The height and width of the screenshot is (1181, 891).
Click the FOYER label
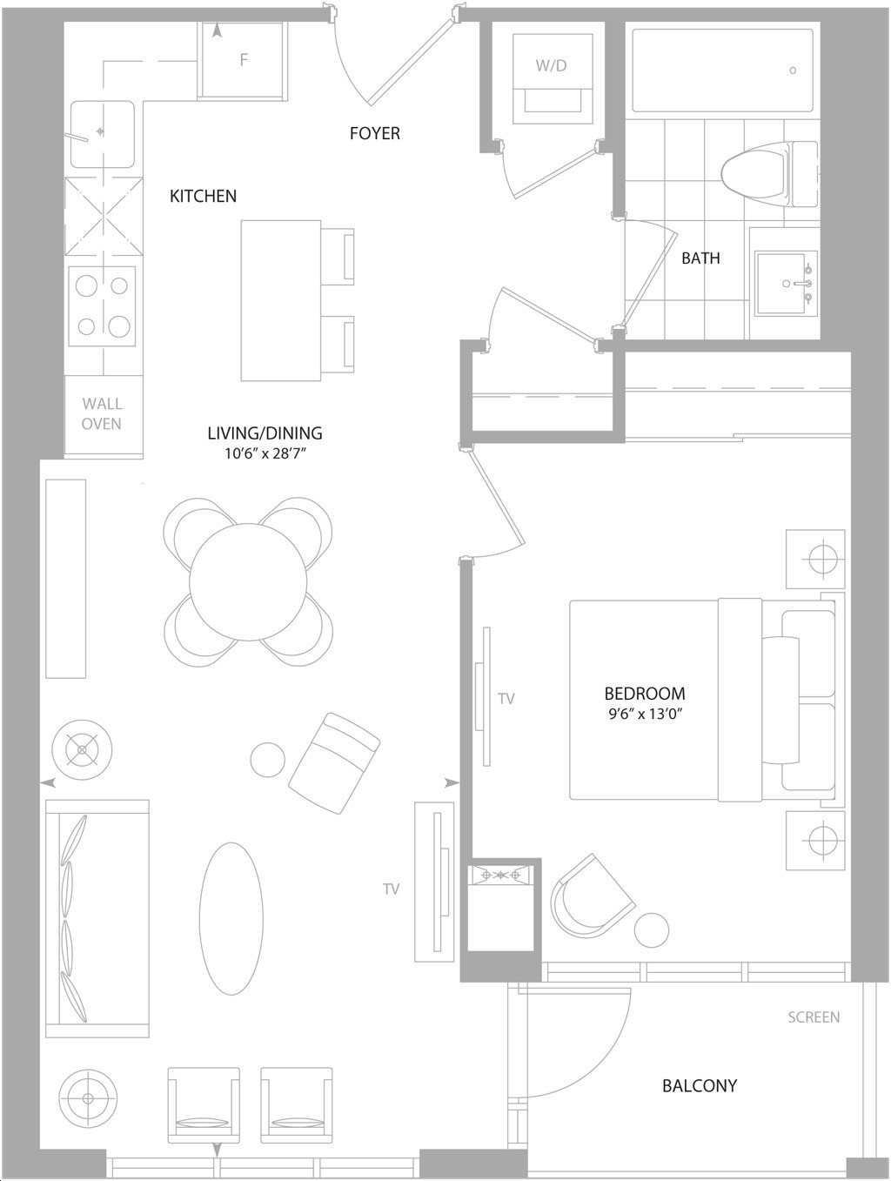[x=375, y=133]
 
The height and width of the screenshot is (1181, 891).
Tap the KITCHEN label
[x=204, y=196]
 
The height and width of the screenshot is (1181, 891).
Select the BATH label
[x=700, y=258]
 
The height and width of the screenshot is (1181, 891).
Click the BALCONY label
[x=700, y=1086]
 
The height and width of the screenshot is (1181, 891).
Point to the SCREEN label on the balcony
[x=814, y=1017]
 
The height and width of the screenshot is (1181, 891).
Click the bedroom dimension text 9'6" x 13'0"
[x=646, y=715]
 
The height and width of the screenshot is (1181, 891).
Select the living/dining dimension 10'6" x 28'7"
[x=265, y=453]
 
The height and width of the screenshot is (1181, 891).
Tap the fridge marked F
[x=242, y=60]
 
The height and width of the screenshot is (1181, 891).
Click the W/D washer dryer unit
[x=552, y=74]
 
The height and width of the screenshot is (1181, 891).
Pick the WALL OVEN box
[x=103, y=416]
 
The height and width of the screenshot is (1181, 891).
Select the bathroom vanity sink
[x=785, y=283]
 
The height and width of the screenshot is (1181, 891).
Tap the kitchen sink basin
[x=102, y=134]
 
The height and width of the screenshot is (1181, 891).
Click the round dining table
[x=249, y=581]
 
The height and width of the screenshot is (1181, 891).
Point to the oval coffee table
[x=231, y=918]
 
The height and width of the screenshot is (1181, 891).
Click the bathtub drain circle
[x=793, y=70]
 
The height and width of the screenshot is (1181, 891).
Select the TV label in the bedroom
[x=506, y=698]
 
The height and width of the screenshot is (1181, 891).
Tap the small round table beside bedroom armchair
[x=652, y=929]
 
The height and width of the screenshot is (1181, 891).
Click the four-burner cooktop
[x=102, y=306]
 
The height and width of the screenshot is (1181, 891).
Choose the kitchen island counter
[x=281, y=300]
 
